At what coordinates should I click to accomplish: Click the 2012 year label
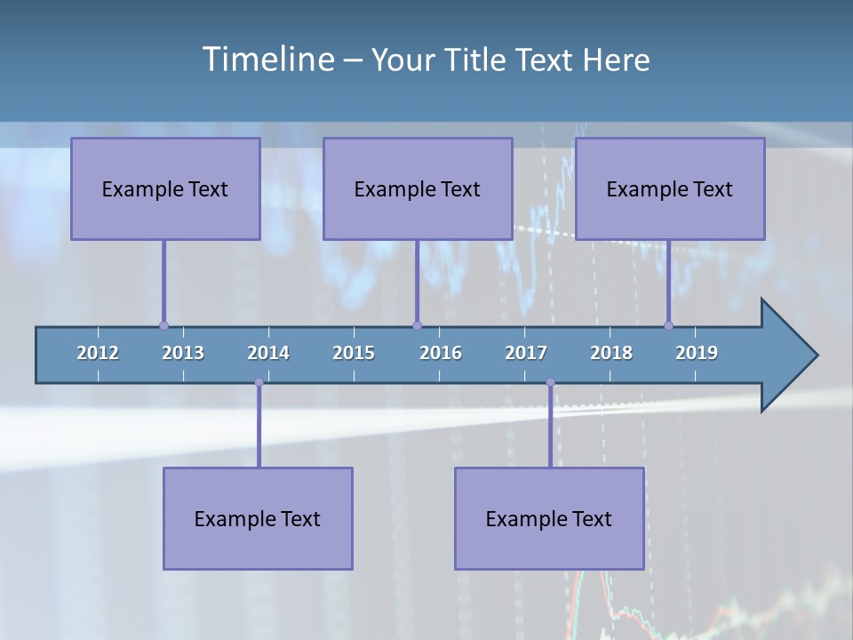(x=98, y=353)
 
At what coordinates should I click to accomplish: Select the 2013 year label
(x=183, y=353)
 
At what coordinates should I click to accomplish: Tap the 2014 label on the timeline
(x=268, y=353)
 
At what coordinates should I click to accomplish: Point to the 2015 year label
(x=354, y=353)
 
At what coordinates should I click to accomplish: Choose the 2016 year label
(x=441, y=353)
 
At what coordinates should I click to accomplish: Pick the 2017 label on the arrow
(x=526, y=353)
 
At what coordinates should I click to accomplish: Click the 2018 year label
(x=611, y=353)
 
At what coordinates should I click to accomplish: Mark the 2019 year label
(x=697, y=353)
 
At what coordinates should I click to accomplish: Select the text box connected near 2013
(x=165, y=188)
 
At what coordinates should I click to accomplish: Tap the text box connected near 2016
(x=418, y=188)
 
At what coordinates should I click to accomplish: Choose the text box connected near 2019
(x=670, y=188)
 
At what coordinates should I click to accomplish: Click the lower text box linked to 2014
(x=258, y=518)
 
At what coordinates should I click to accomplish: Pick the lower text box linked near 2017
(x=549, y=518)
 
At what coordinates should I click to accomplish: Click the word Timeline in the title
(x=267, y=60)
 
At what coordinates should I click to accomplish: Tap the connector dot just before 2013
(x=163, y=325)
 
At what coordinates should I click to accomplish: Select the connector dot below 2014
(x=259, y=382)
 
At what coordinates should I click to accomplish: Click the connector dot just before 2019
(x=668, y=325)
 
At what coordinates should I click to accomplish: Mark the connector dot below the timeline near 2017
(x=550, y=382)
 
